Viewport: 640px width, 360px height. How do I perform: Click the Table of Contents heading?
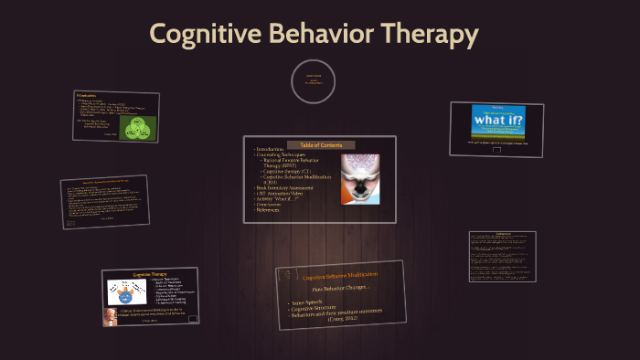pos(319,144)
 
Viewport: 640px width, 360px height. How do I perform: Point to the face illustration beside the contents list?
pos(360,176)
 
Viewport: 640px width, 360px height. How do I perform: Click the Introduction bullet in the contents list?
pos(271,150)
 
